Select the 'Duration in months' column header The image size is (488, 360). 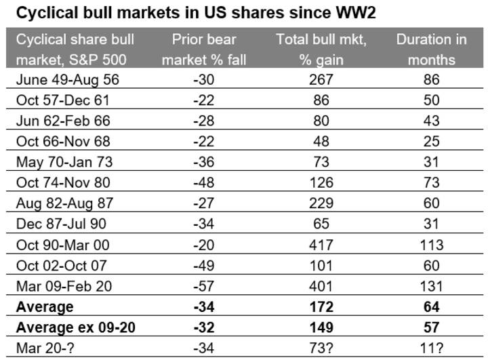431,49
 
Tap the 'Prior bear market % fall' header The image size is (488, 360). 208,49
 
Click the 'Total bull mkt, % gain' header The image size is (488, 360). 321,49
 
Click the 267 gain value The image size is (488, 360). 321,79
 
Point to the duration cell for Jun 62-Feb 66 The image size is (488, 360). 431,121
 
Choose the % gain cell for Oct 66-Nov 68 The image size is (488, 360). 321,141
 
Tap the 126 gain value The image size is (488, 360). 321,182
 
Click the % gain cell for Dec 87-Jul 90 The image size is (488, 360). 321,223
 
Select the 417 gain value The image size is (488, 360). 321,244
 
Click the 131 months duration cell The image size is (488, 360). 431,285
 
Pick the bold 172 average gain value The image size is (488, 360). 321,306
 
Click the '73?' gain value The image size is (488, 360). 321,348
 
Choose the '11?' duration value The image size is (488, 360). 431,348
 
